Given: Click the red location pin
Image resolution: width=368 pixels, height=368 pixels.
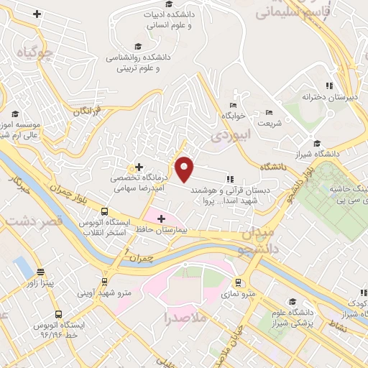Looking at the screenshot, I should [x=185, y=168].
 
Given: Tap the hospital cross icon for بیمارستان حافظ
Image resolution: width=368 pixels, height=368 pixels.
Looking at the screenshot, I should [x=160, y=218].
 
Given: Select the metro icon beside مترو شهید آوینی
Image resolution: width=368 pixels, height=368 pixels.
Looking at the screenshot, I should [x=105, y=282].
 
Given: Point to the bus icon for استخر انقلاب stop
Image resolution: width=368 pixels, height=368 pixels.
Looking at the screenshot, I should [x=105, y=212].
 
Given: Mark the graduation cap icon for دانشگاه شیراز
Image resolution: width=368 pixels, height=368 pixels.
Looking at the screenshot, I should [x=317, y=143].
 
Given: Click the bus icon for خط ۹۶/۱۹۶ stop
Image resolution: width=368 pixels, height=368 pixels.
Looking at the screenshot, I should [x=58, y=315].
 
